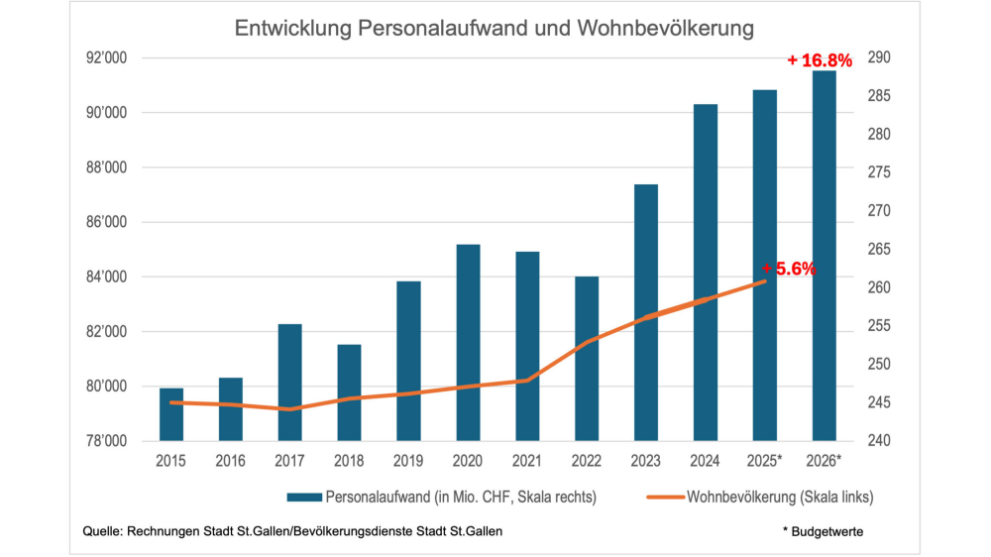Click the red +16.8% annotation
(820, 61)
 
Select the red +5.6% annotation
(789, 268)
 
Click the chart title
(495, 29)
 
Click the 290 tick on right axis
(880, 58)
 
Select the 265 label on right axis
(880, 250)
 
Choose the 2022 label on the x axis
(587, 461)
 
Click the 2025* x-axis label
(765, 461)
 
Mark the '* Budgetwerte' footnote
(822, 532)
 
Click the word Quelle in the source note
(103, 532)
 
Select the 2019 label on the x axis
(408, 461)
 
